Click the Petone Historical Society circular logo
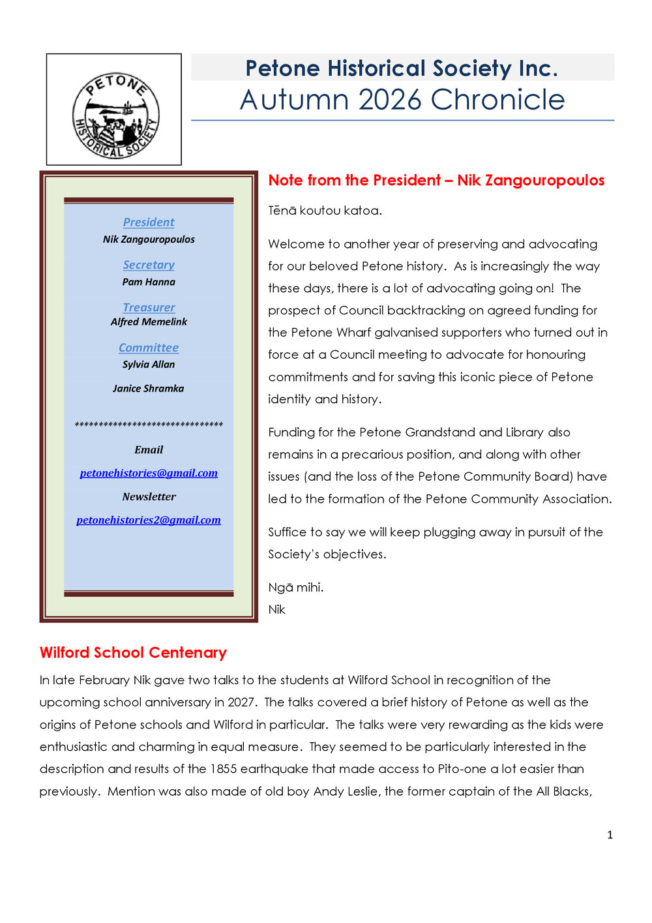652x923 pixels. [115, 115]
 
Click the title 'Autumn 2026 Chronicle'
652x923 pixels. [402, 100]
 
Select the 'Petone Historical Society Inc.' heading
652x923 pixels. [402, 68]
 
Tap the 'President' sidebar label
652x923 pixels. [149, 222]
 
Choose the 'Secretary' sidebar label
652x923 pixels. [149, 265]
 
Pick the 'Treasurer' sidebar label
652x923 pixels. [149, 307]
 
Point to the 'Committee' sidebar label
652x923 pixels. [149, 348]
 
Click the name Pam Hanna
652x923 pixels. [149, 282]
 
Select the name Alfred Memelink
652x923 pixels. [149, 322]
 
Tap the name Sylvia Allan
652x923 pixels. [149, 364]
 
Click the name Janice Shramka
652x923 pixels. [149, 388]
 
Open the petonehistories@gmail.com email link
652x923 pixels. [149, 473]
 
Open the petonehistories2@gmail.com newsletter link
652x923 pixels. [149, 520]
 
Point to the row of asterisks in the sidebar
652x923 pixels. [149, 425]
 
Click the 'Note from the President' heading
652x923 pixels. [436, 180]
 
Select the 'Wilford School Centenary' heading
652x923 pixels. [133, 652]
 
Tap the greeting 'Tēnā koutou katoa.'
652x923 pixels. [325, 211]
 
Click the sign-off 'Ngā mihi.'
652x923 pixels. [296, 587]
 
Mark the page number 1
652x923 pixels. [610, 835]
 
